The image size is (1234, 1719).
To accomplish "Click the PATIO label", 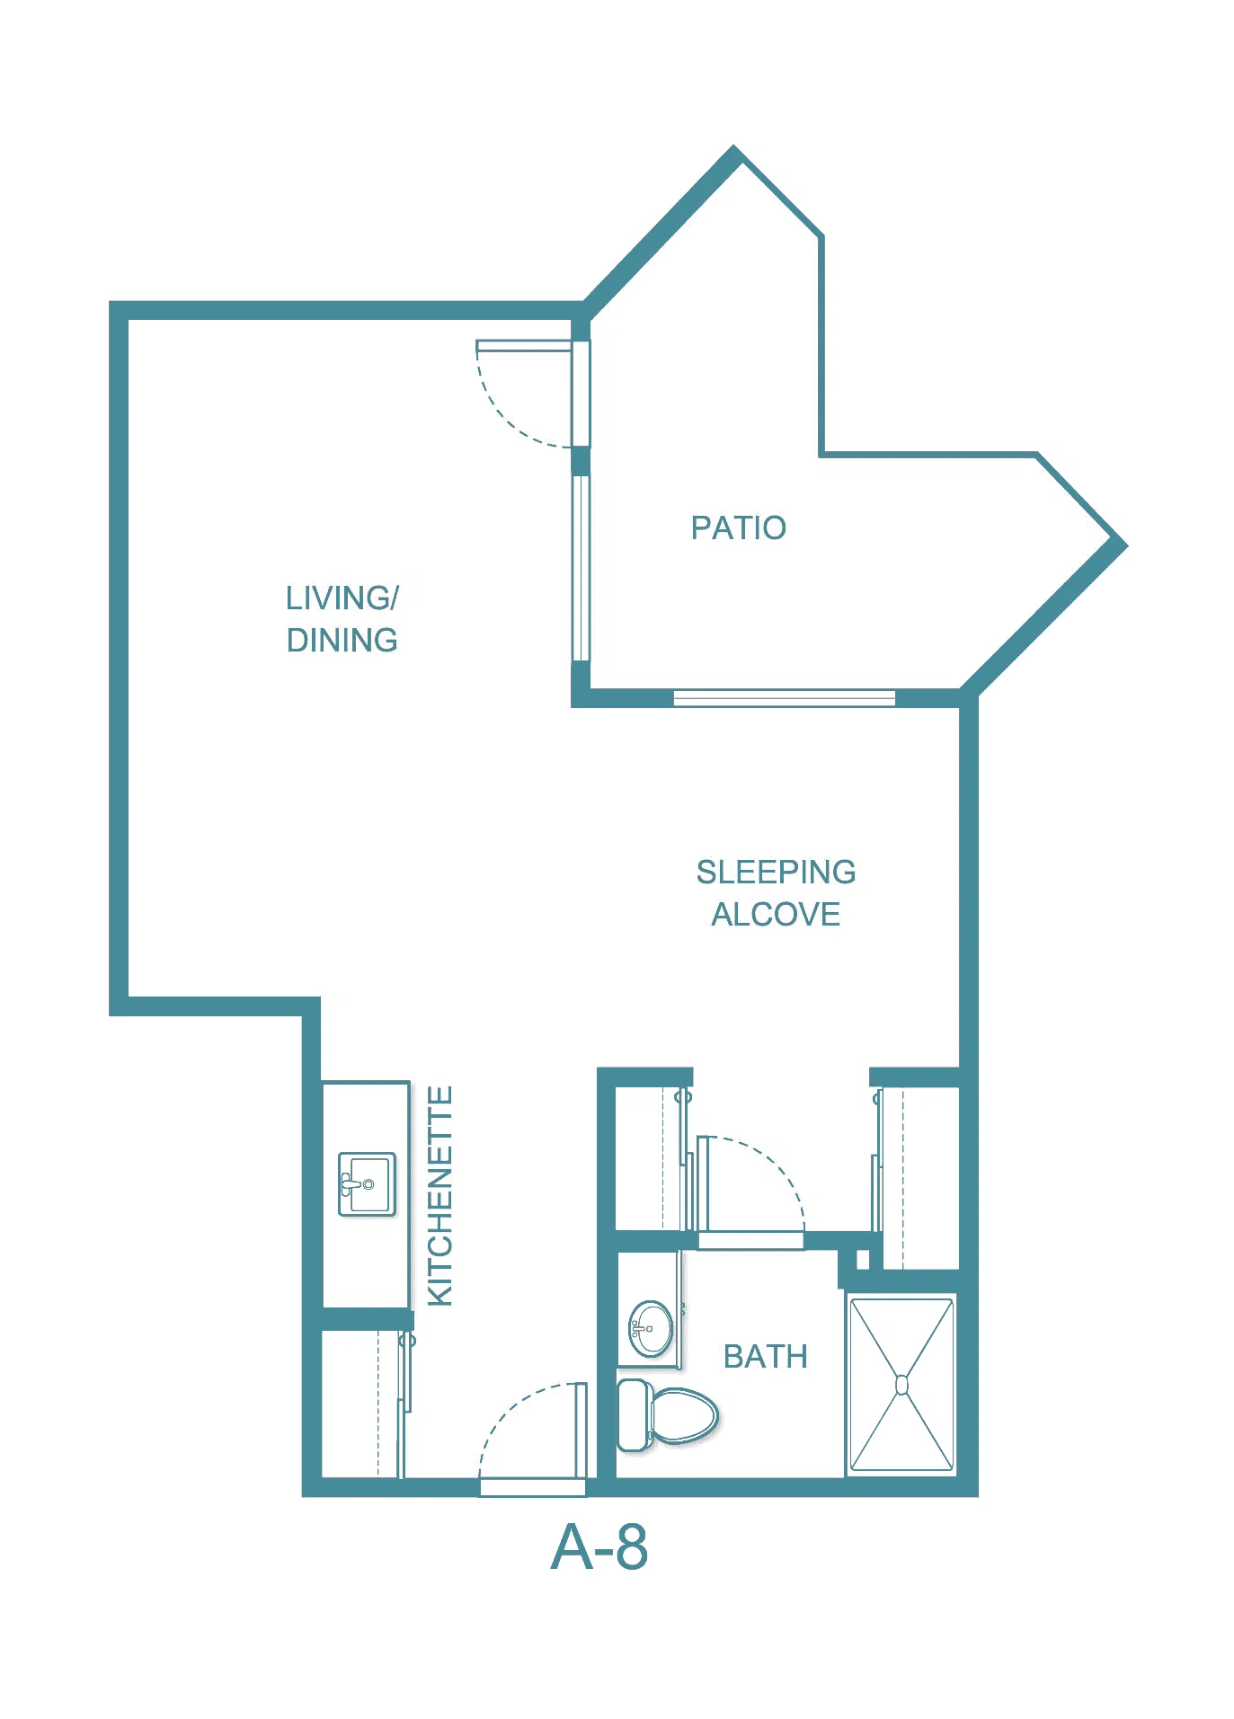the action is [738, 527].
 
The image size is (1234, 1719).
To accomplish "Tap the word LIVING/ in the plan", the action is [342, 598].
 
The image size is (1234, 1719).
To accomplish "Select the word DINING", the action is [342, 640].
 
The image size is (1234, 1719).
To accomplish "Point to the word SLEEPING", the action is [776, 872].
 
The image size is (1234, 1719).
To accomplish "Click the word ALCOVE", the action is [776, 914].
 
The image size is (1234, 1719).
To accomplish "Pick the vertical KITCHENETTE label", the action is [439, 1195].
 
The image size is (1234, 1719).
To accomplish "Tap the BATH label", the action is [765, 1356].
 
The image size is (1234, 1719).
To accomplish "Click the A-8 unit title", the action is [599, 1547].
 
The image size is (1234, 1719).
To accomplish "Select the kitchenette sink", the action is [367, 1184].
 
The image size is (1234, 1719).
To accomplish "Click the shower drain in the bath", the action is [901, 1386].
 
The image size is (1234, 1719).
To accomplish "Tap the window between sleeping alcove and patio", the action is [785, 698].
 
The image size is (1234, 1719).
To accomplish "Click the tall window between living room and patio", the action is [581, 569].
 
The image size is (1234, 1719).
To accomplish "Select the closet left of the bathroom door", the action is [649, 1158].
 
